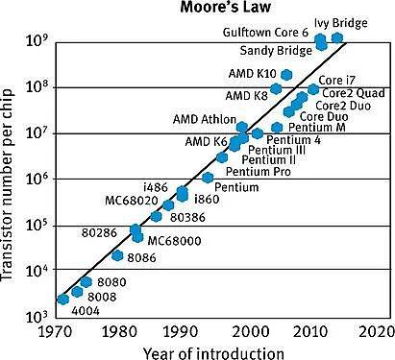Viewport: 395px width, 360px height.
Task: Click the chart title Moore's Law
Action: click(226, 7)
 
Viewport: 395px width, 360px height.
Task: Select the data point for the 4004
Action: click(63, 300)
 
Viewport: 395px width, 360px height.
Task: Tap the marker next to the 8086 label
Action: click(117, 255)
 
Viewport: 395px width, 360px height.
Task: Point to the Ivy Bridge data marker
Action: click(337, 37)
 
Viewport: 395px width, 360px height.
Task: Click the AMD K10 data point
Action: click(286, 75)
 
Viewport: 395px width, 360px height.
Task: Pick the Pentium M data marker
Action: click(277, 128)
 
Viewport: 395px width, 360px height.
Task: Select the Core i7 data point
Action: click(313, 89)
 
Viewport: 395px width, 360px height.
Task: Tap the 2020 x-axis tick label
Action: click(376, 332)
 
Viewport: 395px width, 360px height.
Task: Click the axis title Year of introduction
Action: click(213, 353)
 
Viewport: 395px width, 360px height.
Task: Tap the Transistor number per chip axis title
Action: click(7, 185)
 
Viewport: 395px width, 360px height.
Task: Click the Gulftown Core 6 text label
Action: click(265, 33)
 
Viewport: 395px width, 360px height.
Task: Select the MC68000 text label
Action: click(174, 241)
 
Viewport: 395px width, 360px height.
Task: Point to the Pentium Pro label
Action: click(259, 172)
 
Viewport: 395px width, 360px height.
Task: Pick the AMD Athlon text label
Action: click(205, 119)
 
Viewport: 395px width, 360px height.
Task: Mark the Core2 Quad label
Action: click(354, 93)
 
